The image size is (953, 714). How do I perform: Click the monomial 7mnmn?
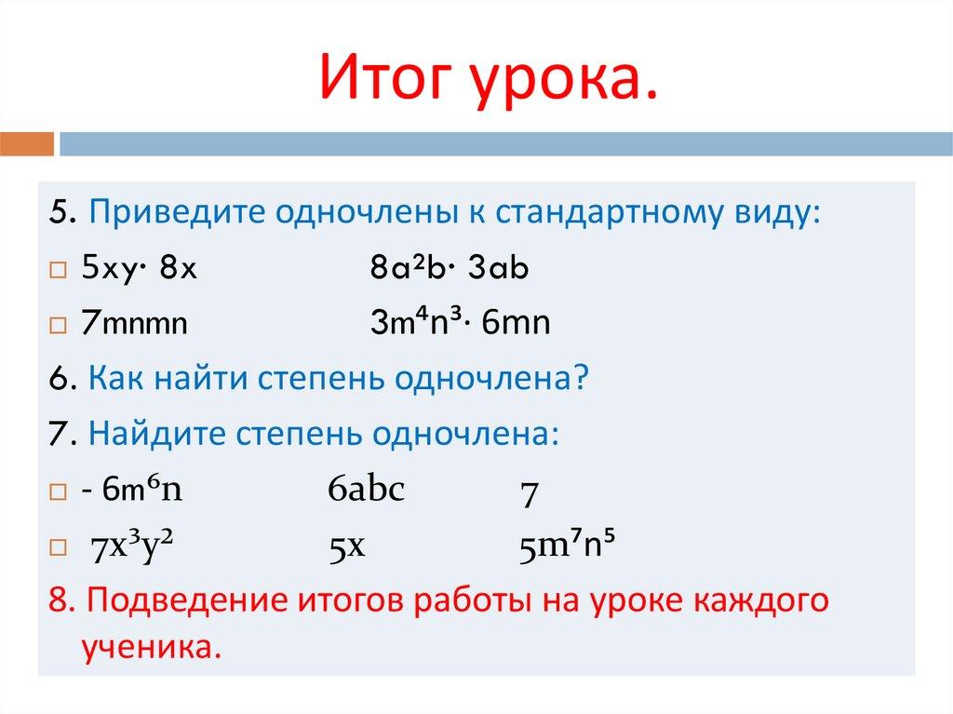(x=134, y=325)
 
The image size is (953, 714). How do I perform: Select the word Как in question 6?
(x=114, y=379)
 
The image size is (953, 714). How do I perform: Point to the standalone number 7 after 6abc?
(x=528, y=494)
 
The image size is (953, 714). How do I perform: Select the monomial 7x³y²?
(x=135, y=546)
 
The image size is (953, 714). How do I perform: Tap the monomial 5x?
(x=345, y=547)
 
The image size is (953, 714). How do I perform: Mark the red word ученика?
(x=146, y=646)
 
